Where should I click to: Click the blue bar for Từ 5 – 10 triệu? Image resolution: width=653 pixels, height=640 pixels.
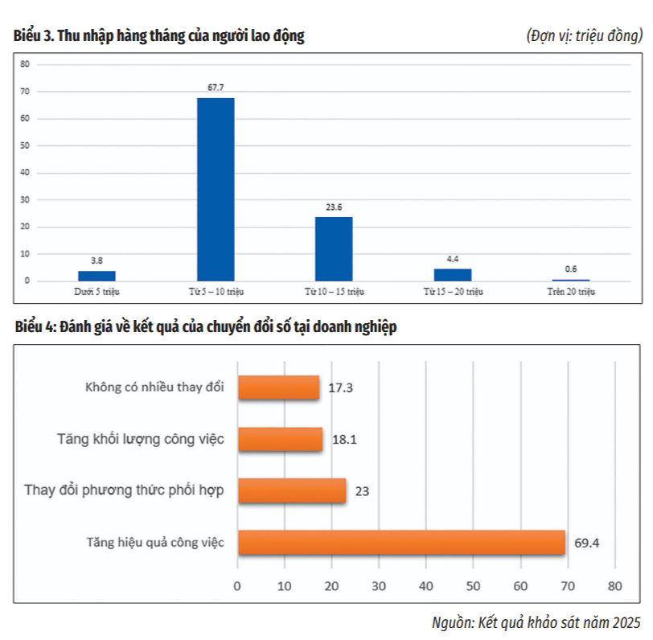click(216, 189)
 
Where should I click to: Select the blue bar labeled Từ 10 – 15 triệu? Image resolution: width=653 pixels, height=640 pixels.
click(334, 248)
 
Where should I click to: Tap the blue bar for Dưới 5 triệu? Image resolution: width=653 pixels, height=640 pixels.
click(97, 276)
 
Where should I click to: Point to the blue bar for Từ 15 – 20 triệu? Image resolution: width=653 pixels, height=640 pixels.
click(453, 274)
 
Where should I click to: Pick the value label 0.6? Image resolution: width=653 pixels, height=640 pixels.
click(570, 269)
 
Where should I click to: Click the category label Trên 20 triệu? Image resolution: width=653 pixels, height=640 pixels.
click(571, 291)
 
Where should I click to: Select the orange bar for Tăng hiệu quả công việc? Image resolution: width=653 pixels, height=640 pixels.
click(401, 542)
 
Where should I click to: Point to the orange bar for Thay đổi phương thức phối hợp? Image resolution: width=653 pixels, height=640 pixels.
click(291, 490)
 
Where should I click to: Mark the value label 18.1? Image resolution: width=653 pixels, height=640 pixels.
click(342, 440)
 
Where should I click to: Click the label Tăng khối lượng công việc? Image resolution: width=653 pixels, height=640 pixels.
click(140, 439)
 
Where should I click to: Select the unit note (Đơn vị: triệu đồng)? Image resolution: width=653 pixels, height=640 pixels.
click(585, 36)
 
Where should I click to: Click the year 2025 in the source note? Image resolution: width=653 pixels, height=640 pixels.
click(626, 622)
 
